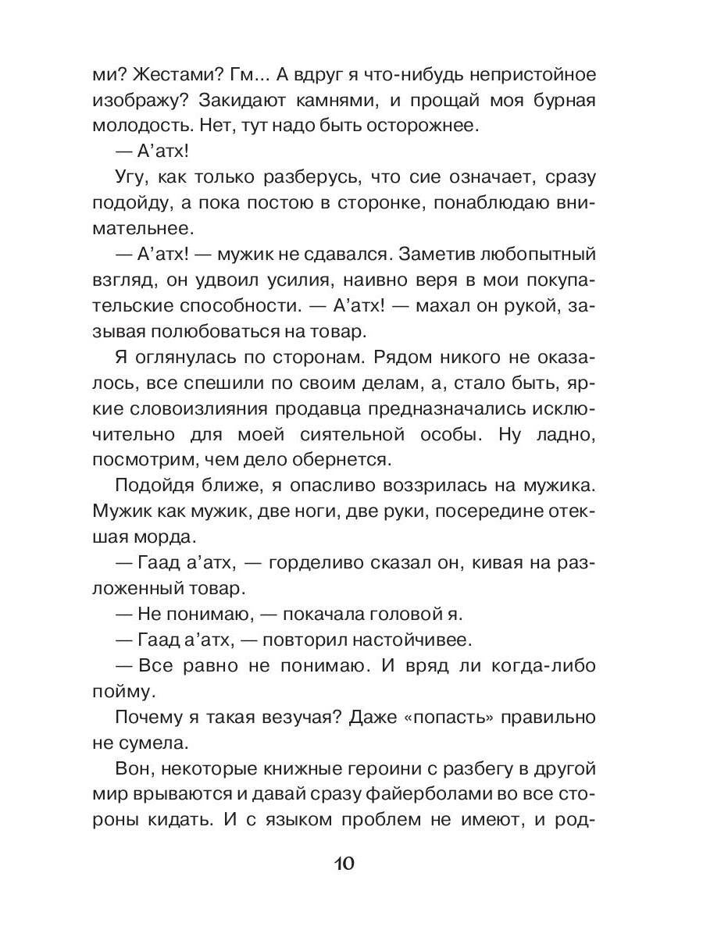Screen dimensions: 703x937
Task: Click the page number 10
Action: point(345,864)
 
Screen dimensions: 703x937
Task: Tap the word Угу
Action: point(134,177)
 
